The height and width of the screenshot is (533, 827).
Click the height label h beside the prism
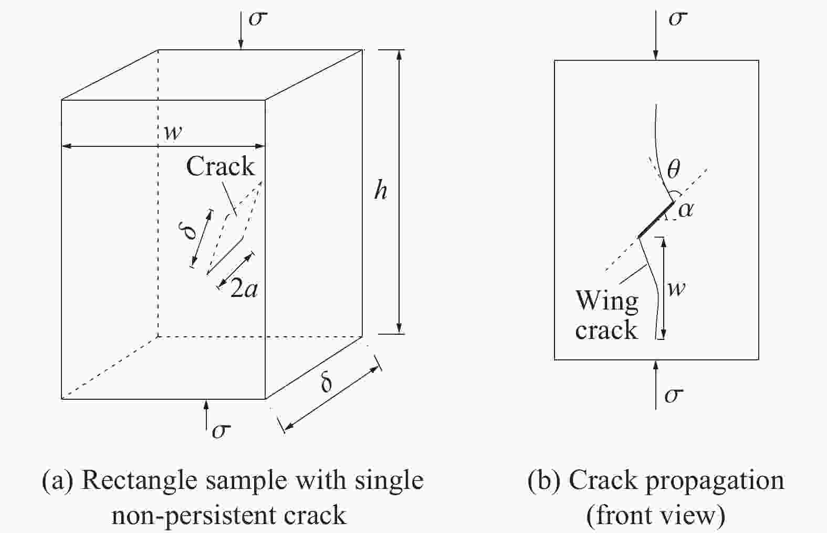coord(381,191)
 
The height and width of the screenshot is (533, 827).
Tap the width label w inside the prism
coord(173,132)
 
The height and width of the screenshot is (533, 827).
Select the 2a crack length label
coord(244,288)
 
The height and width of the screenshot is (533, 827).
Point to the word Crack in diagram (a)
coord(221,166)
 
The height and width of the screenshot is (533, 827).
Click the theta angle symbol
coord(673,169)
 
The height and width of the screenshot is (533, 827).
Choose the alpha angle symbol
coord(686,210)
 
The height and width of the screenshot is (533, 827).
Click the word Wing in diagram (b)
coord(607,301)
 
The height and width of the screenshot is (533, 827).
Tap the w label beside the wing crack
coord(676,289)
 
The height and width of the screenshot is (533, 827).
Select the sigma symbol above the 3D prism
coord(257,18)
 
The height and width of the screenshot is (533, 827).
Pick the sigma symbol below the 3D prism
coord(221,431)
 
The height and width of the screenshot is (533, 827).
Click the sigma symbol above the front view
coord(678,18)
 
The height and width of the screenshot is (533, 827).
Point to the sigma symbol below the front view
coord(674,395)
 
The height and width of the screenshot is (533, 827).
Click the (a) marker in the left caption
coord(58,481)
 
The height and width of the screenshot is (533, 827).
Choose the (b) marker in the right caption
coord(544,481)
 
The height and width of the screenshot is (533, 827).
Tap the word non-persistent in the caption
coord(193,515)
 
